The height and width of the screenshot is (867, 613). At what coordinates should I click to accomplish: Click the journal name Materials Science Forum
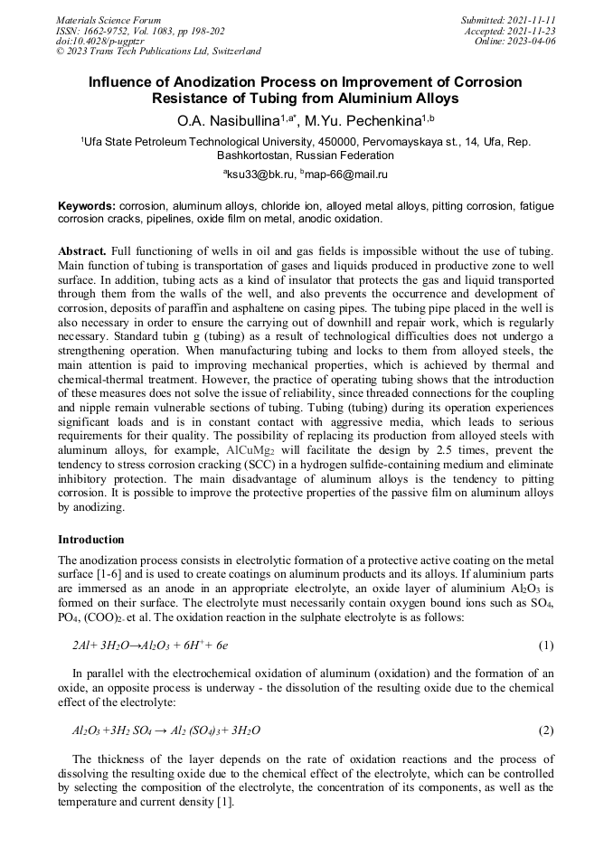point(108,20)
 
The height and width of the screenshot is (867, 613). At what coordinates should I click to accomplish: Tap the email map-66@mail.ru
point(346,174)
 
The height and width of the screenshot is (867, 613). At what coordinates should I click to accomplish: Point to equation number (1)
point(546,646)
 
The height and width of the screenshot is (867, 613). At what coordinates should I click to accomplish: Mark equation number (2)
point(546,730)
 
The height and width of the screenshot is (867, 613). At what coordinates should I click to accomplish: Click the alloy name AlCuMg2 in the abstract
point(251,449)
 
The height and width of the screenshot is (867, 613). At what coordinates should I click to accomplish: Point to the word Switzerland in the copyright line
point(234,52)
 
